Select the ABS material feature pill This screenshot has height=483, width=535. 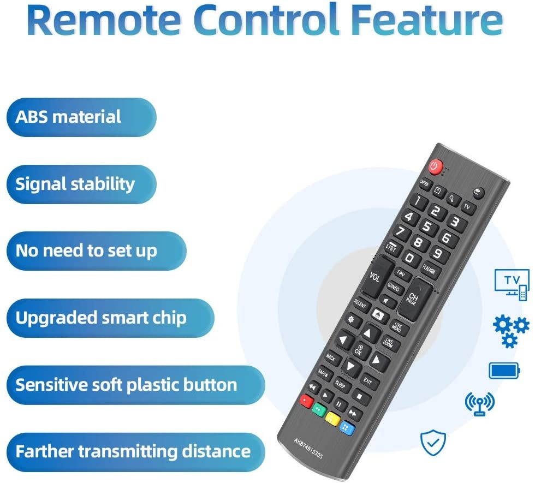(81, 117)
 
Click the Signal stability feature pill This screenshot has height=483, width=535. (81, 184)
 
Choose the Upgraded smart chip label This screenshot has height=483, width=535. (109, 318)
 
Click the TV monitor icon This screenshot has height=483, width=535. (512, 284)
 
